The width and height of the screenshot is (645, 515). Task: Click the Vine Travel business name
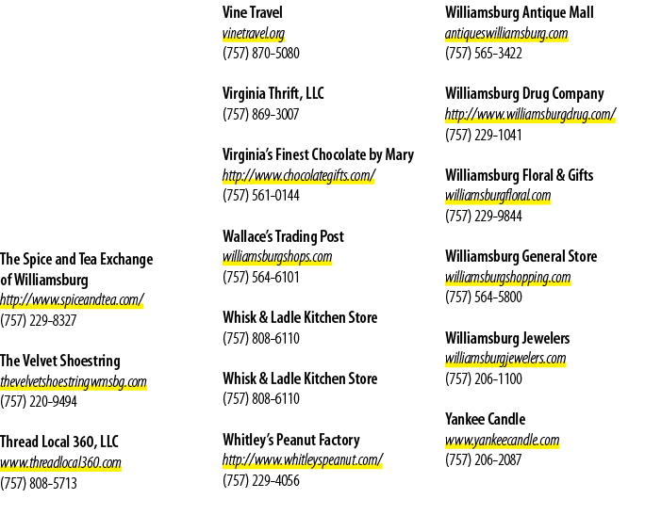click(x=252, y=12)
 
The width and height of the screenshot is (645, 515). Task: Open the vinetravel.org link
click(x=254, y=33)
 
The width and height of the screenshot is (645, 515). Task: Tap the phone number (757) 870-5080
click(x=261, y=54)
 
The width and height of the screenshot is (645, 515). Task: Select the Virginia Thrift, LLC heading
click(x=273, y=93)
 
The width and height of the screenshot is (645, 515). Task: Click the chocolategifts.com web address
click(x=299, y=176)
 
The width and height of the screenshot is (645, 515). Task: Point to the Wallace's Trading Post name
click(x=283, y=236)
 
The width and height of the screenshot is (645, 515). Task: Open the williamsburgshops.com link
click(x=277, y=257)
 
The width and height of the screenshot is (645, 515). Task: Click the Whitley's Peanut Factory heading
click(x=291, y=440)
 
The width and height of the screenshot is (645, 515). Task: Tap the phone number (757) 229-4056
click(x=261, y=480)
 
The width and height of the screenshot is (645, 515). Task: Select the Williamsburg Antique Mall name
click(x=520, y=12)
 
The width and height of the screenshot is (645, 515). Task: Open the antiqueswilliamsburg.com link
click(x=506, y=33)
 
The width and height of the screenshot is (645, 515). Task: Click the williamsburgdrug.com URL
click(x=530, y=115)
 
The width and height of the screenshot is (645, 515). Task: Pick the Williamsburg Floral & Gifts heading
click(x=520, y=175)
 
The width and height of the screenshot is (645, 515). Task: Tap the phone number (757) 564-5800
click(x=484, y=297)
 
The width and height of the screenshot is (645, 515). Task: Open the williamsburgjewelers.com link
click(x=505, y=359)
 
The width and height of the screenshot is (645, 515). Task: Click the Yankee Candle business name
click(x=485, y=419)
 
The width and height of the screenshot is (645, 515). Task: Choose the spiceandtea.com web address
click(x=72, y=300)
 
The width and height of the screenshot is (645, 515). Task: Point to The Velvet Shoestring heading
click(x=60, y=361)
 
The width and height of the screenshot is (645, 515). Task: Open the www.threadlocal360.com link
click(x=61, y=463)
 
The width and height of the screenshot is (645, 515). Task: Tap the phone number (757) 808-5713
click(x=39, y=483)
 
